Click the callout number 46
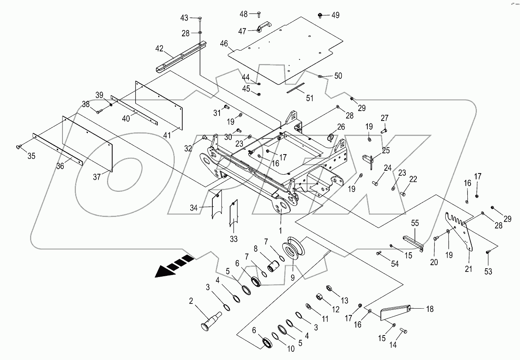pyautogui.click(x=224, y=43)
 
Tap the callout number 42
pyautogui.click(x=159, y=49)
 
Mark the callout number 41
pyautogui.click(x=167, y=135)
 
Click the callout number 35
pyautogui.click(x=31, y=156)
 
